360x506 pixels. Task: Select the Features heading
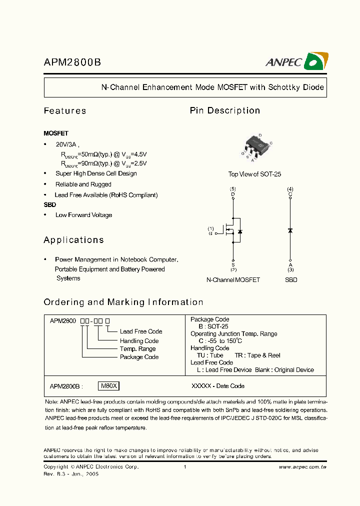click(x=65, y=111)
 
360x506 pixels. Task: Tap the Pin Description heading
click(x=225, y=110)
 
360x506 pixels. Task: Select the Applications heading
click(x=73, y=240)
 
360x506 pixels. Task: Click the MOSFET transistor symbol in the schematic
click(x=233, y=231)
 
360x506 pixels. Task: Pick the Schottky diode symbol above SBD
click(x=290, y=230)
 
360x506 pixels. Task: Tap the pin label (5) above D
click(x=233, y=188)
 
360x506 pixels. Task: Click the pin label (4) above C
click(x=290, y=188)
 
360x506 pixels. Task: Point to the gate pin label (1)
click(x=210, y=229)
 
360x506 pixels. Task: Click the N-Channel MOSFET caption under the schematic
click(x=233, y=280)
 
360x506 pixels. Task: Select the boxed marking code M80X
click(x=109, y=386)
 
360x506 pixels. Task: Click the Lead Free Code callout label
click(x=141, y=331)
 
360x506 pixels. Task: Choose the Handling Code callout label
click(x=139, y=340)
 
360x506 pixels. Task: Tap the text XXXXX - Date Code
click(x=218, y=386)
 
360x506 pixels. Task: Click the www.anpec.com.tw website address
click(x=302, y=467)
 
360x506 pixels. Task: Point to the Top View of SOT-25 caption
click(x=254, y=174)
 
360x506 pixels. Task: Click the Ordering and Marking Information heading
click(x=123, y=302)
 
